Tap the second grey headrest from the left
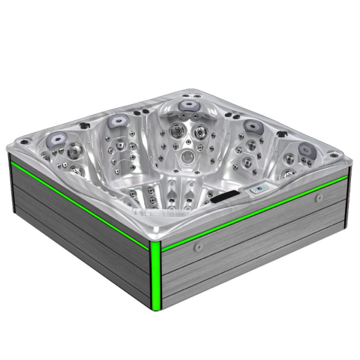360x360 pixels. pos(117,119)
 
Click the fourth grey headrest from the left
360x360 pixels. pos(251,124)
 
